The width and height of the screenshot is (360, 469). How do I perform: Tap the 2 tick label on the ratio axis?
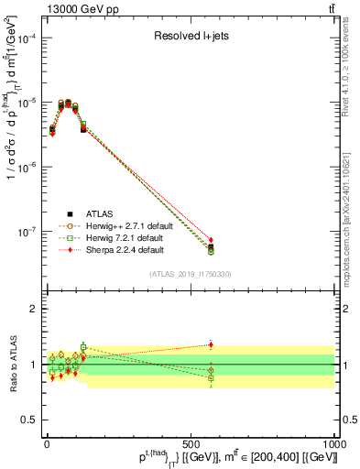(x=37, y=310)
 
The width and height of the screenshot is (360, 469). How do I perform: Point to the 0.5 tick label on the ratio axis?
(x=32, y=420)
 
